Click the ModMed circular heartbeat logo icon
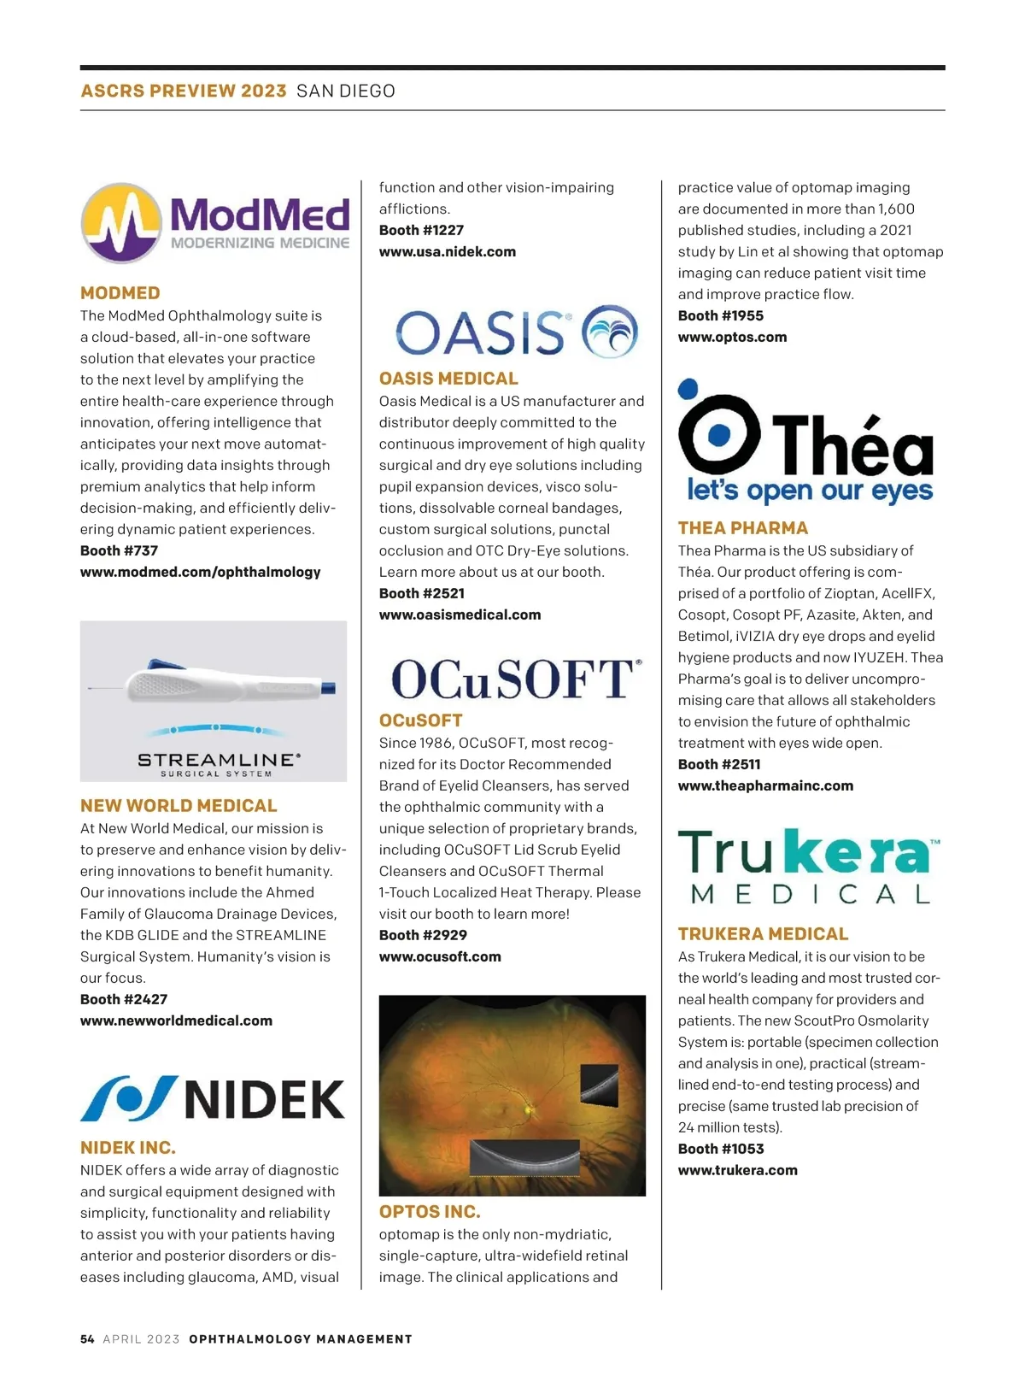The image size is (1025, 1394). [121, 222]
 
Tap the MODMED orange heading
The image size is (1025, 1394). [120, 293]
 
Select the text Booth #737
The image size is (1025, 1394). [119, 550]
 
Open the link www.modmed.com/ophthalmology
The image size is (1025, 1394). [201, 572]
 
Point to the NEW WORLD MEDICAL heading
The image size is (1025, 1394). [179, 806]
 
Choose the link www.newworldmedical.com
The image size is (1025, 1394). [176, 1021]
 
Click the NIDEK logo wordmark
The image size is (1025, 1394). [264, 1099]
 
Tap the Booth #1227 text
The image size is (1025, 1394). [421, 230]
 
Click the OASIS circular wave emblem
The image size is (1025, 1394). [610, 331]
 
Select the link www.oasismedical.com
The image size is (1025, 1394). [460, 615]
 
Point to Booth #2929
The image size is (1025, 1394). [423, 935]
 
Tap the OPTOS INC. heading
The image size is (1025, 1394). [430, 1212]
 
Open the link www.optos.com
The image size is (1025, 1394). [732, 337]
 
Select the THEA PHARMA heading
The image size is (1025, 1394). [742, 528]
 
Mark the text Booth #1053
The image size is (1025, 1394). [721, 1149]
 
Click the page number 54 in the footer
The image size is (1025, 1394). [87, 1339]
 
